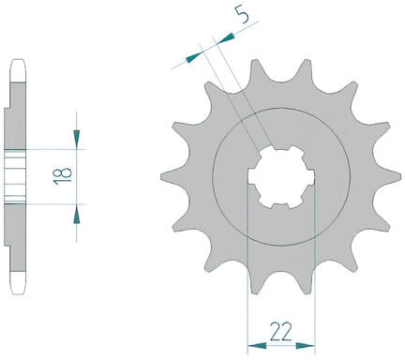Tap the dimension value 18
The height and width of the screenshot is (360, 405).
[x=63, y=176]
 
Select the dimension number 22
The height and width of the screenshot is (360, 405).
[x=281, y=331]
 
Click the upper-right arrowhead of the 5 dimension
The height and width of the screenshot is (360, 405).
[x=226, y=38]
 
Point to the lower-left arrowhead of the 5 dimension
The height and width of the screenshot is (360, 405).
[x=194, y=57]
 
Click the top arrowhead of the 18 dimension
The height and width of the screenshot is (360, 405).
[x=77, y=139]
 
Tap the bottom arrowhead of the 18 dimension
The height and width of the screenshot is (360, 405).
[x=77, y=215]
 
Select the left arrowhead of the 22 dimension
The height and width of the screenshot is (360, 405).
[x=257, y=346]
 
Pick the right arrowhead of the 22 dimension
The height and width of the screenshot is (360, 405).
[x=306, y=346]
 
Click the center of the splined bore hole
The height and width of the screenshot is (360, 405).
[x=281, y=177]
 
